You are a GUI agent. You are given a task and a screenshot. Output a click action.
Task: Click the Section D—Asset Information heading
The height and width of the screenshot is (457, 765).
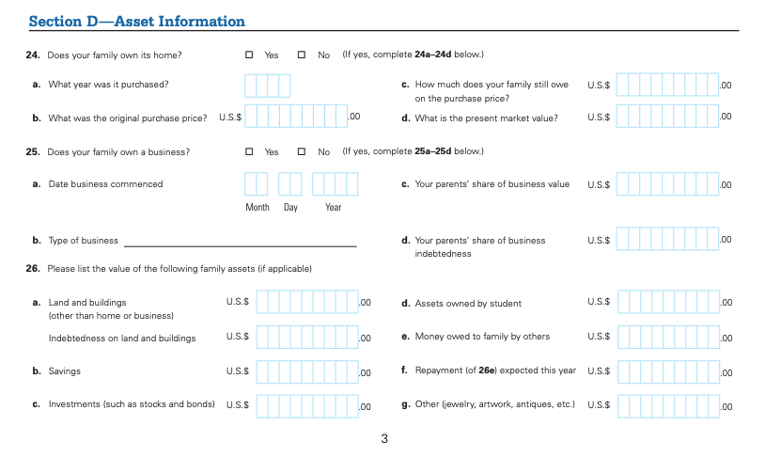(x=137, y=22)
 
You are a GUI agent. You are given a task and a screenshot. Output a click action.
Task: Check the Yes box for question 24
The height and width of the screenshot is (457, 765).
(x=250, y=55)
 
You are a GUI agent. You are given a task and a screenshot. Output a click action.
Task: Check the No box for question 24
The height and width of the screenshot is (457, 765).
(x=303, y=55)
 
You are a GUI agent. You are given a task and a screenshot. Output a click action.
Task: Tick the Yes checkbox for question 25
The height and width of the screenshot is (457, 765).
(x=250, y=151)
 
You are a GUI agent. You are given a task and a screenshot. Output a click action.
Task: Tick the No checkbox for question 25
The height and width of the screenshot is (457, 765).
(x=303, y=151)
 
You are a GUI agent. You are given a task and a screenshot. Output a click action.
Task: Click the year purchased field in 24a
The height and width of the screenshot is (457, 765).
(x=268, y=86)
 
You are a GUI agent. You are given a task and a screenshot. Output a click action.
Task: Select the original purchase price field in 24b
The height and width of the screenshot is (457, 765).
(x=296, y=117)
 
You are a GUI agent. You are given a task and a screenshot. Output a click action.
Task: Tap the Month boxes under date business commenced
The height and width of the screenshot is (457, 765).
(x=257, y=184)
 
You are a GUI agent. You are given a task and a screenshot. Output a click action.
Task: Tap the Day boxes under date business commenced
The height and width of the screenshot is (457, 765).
(x=290, y=184)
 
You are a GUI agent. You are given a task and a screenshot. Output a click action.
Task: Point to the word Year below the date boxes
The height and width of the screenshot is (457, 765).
(x=334, y=208)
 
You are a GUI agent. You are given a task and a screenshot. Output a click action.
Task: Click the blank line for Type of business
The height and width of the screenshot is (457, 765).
(x=241, y=242)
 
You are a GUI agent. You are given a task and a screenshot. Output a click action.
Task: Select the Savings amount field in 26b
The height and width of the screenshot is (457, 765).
(x=306, y=372)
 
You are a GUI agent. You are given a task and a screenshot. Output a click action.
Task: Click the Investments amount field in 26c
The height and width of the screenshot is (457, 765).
(x=306, y=406)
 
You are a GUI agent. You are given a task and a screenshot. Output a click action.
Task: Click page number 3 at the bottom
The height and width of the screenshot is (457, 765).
(x=384, y=438)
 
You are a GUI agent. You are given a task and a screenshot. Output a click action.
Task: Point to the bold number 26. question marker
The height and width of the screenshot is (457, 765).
(x=32, y=269)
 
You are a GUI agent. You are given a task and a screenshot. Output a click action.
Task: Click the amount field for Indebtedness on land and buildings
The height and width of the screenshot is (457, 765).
(x=306, y=337)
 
